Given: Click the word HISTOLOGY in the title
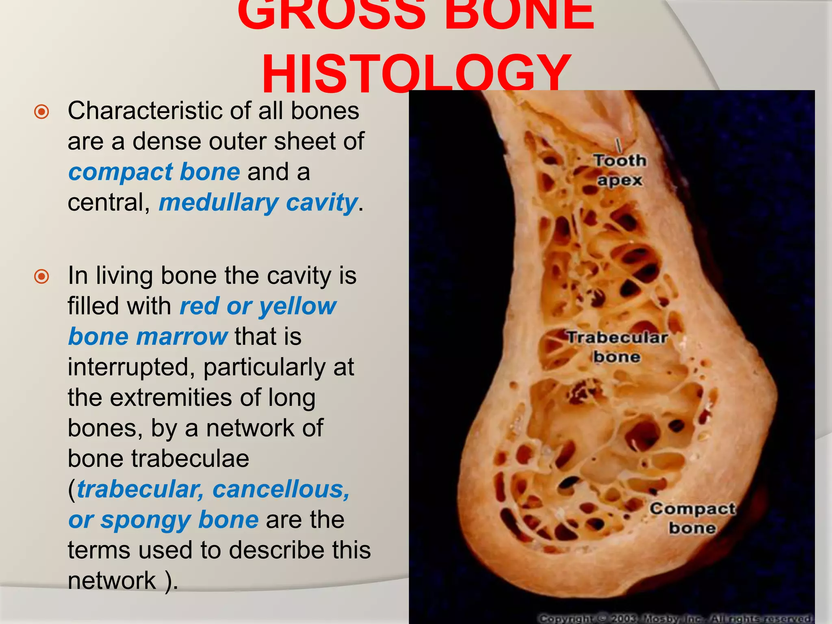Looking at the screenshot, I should [417, 73].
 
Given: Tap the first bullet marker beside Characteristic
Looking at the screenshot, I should [41, 112].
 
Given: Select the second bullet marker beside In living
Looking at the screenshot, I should [41, 277].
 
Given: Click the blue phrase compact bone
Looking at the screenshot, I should [154, 172].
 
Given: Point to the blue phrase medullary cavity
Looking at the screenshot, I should [258, 203].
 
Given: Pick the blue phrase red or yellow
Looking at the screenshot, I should [258, 306].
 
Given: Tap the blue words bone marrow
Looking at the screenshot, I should [147, 337].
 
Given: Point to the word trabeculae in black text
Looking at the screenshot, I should [190, 459].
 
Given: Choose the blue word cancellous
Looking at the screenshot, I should [280, 489].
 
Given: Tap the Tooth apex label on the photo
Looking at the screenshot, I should [620, 170].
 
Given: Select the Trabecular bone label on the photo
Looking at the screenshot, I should [617, 347].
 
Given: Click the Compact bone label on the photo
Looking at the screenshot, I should [692, 518].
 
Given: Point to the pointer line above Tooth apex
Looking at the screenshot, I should [618, 145].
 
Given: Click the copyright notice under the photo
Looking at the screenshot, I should [674, 618].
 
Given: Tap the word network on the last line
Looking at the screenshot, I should [112, 581].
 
